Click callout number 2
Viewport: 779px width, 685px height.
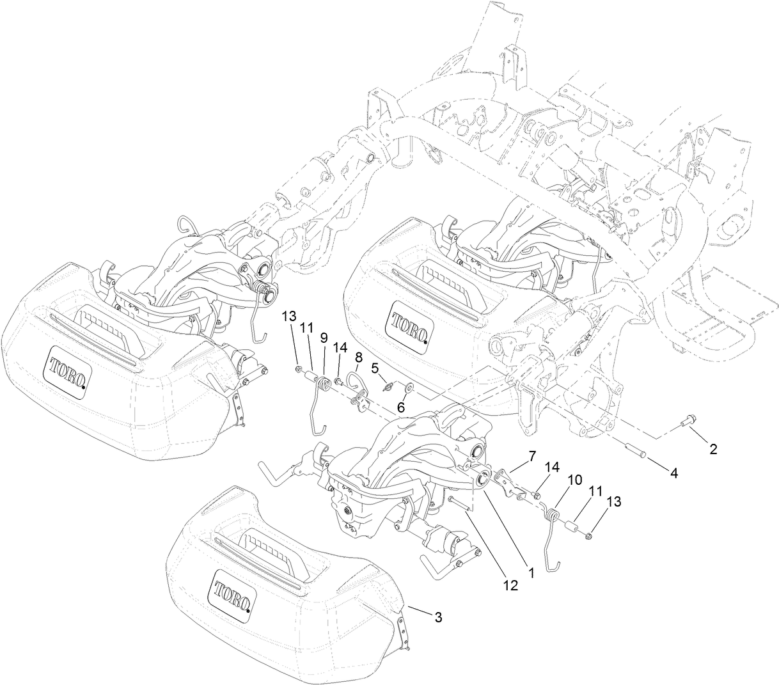point(712,450)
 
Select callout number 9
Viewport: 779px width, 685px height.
point(324,336)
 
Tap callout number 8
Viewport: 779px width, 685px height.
point(358,356)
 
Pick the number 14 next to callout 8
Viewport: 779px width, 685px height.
point(340,347)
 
